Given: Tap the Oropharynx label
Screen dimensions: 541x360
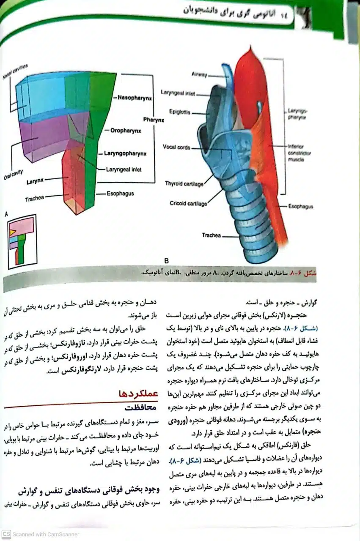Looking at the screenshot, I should pos(126,131).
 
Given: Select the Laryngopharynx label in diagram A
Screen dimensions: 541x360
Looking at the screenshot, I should pos(125,153).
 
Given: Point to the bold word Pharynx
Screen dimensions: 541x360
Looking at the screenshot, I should pos(154,119).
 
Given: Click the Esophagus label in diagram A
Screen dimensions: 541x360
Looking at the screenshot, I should pos(120,194).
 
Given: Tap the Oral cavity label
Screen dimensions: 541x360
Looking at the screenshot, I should pos(14,174).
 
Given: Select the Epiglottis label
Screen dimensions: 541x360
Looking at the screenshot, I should pos(180,113).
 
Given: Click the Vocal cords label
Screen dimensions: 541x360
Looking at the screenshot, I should pos(176,147).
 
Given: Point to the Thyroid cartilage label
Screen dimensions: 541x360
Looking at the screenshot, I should pos(184,183).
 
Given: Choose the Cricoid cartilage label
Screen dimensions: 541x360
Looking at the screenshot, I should pos(188,204).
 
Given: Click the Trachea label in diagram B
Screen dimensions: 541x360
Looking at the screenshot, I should pos(211,235).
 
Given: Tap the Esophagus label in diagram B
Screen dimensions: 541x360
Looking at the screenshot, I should pos(301,207).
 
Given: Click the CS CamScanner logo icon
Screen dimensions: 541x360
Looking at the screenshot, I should pos(6,534).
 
